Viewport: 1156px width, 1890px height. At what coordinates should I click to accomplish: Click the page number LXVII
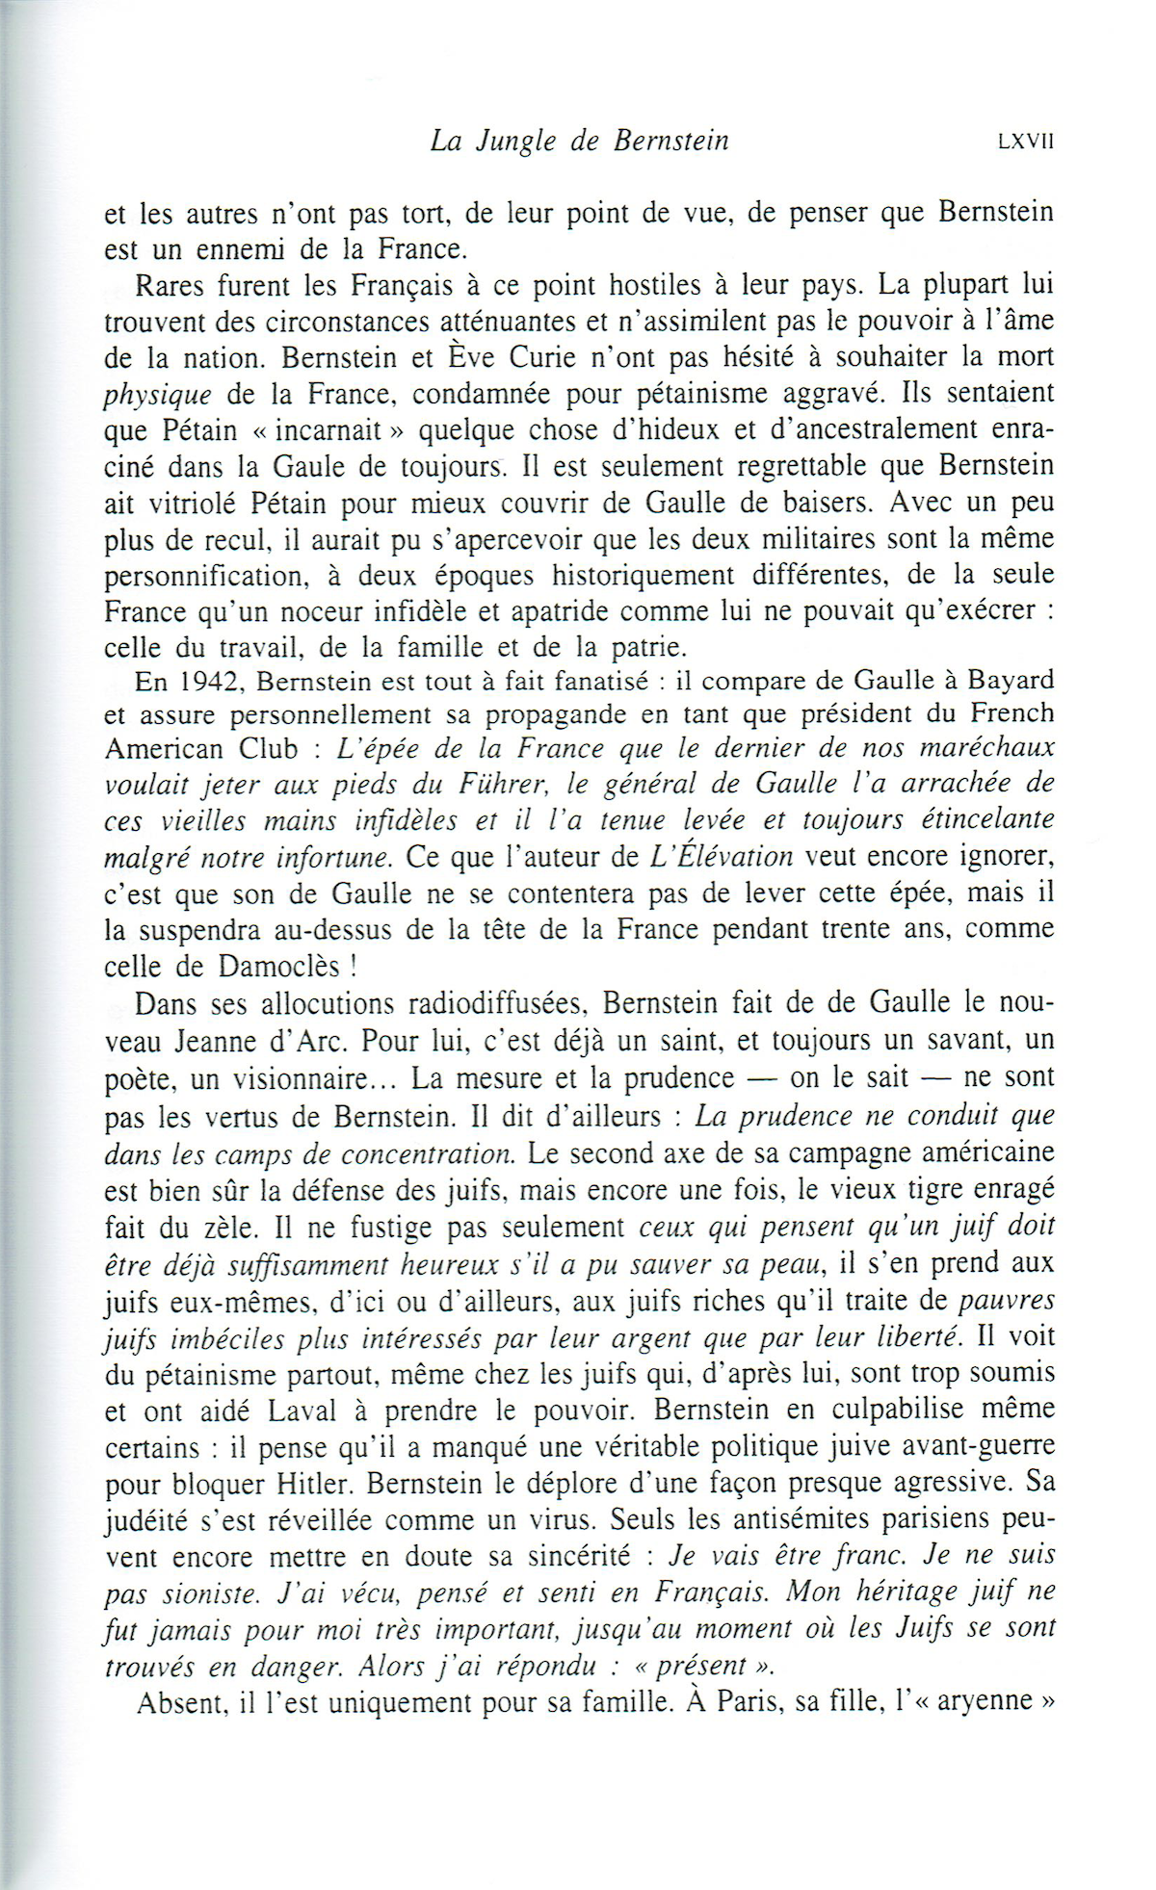tap(1027, 142)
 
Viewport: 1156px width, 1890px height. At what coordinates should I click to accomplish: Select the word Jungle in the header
tap(512, 142)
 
